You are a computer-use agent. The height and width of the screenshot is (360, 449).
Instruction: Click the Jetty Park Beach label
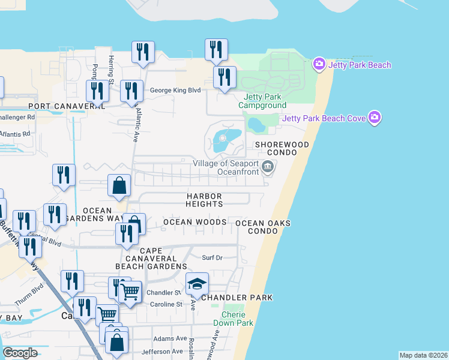pos(358,65)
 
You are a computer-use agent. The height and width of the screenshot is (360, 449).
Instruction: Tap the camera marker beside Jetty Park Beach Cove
pos(376,118)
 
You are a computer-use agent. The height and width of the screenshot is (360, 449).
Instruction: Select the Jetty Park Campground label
pos(262,101)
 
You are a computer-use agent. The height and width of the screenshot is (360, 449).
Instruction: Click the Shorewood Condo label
pos(282,149)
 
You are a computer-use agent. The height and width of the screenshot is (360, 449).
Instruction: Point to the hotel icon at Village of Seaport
pos(268,171)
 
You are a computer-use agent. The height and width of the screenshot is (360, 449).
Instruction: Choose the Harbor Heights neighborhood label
pos(204,200)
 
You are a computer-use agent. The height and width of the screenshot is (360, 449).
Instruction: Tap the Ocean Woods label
pos(195,223)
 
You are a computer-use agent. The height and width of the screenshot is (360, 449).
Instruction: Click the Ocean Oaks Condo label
pos(263,227)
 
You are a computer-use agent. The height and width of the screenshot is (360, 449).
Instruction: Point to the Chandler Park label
pos(237,298)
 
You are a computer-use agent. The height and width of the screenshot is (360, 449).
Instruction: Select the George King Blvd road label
pos(175,90)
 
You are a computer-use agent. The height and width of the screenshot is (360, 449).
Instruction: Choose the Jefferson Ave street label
pos(162,352)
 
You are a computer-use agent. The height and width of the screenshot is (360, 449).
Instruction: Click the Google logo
pos(20,353)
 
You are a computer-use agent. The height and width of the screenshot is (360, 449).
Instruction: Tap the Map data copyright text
pos(423,355)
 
